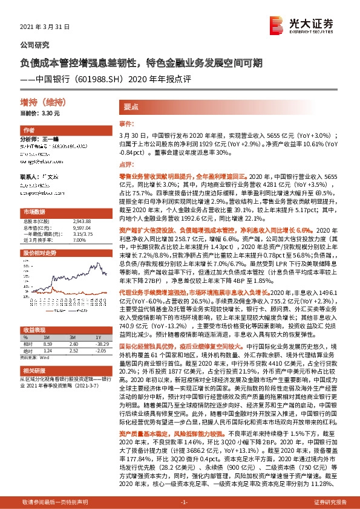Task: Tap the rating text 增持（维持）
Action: (x=41, y=102)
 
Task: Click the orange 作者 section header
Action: (x=28, y=131)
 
